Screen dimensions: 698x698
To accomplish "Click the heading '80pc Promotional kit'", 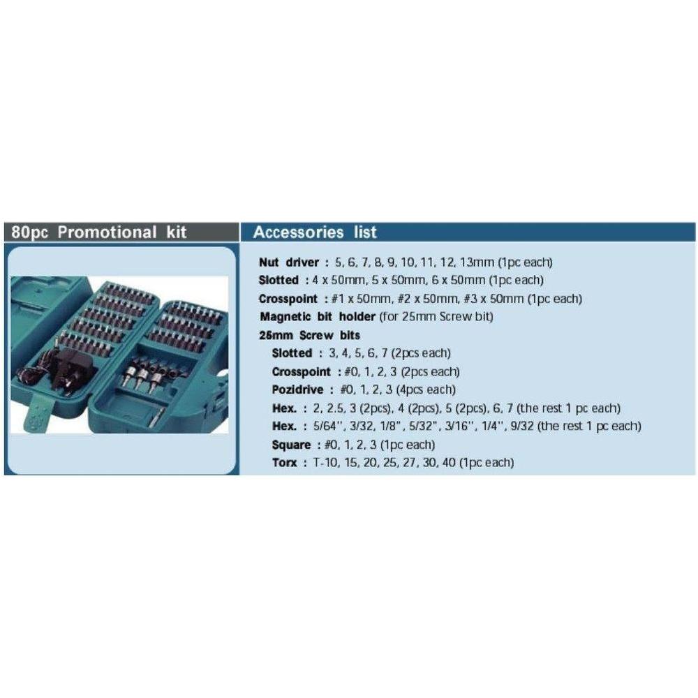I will tap(99, 232).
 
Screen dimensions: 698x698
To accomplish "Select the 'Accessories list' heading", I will tap(314, 232).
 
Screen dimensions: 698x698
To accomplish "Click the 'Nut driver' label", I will tap(288, 262).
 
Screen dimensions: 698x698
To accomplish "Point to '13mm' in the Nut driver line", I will tap(480, 262).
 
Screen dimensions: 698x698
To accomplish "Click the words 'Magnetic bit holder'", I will tap(318, 317).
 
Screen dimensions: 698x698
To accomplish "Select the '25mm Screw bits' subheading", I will tap(309, 335).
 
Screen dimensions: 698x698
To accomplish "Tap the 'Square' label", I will tap(291, 445).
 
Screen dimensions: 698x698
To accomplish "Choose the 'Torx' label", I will tap(285, 463).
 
